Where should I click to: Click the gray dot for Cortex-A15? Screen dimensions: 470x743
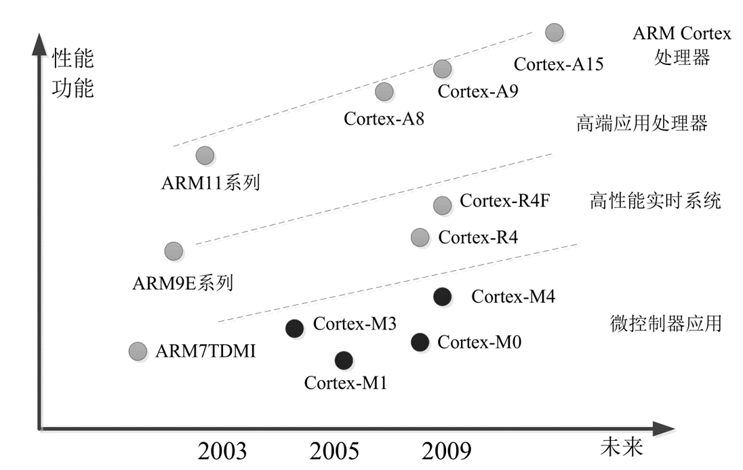(x=555, y=32)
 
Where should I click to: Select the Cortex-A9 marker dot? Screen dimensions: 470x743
(x=442, y=68)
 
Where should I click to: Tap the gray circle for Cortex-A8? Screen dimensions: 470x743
(x=384, y=91)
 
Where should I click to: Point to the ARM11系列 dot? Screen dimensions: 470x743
(x=205, y=156)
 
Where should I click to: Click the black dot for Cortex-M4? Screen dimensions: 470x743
(x=442, y=296)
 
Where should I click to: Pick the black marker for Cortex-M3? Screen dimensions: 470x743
(x=294, y=328)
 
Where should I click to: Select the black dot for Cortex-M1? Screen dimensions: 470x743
(x=344, y=360)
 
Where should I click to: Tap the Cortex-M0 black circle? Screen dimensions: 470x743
(x=420, y=342)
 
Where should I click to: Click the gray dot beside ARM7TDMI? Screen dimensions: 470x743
(x=138, y=351)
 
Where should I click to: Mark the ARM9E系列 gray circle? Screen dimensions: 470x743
(x=174, y=251)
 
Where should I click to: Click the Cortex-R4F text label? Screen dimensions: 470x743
(x=500, y=201)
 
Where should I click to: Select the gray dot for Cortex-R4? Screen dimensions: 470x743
(x=420, y=237)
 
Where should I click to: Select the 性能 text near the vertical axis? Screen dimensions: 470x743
(x=73, y=59)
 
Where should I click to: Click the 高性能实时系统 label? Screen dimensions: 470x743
(x=655, y=201)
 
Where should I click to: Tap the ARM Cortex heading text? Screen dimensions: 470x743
(x=681, y=33)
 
